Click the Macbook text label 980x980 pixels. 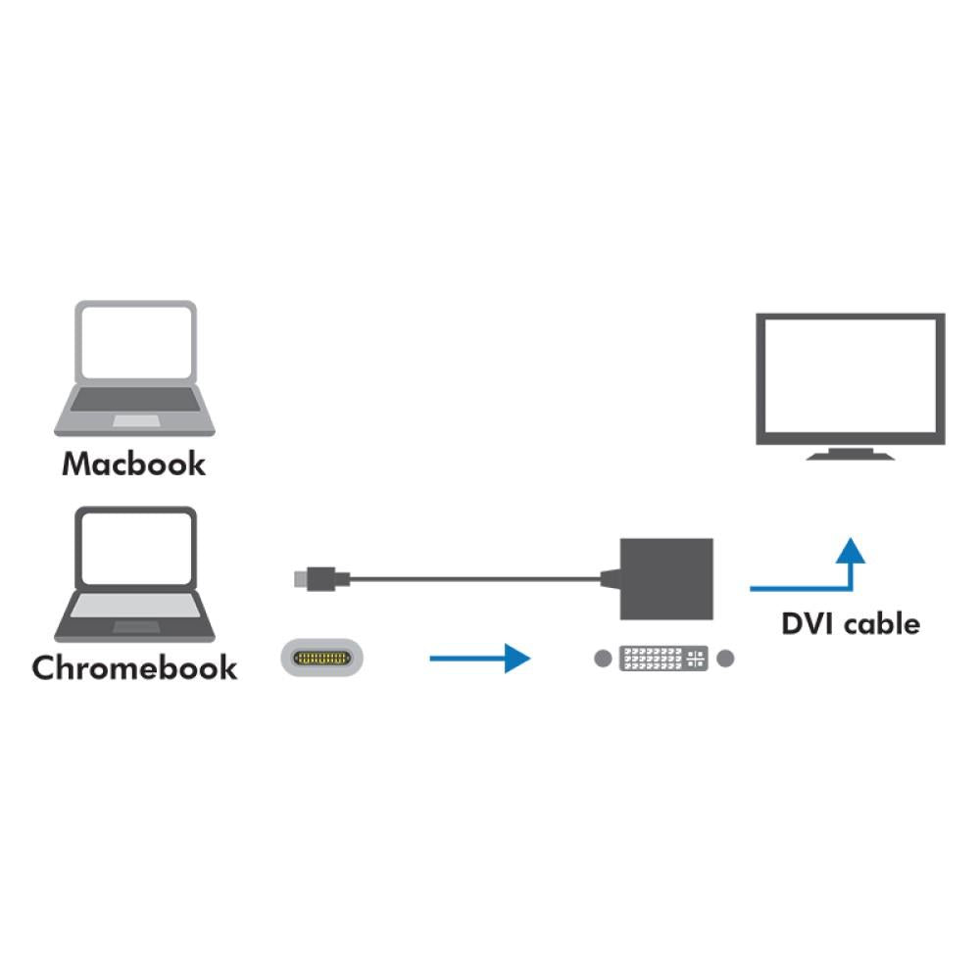(x=134, y=464)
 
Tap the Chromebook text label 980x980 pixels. (x=134, y=668)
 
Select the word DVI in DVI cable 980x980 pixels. (x=808, y=623)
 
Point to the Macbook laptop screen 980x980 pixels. (x=135, y=341)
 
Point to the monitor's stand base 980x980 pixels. (x=849, y=456)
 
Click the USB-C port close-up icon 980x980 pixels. (x=322, y=658)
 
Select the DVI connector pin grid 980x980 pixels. (x=663, y=659)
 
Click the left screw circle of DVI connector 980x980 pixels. (x=603, y=659)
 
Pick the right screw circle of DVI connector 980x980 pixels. (x=725, y=659)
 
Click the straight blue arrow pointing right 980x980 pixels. (x=480, y=658)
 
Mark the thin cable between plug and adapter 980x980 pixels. (x=470, y=579)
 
